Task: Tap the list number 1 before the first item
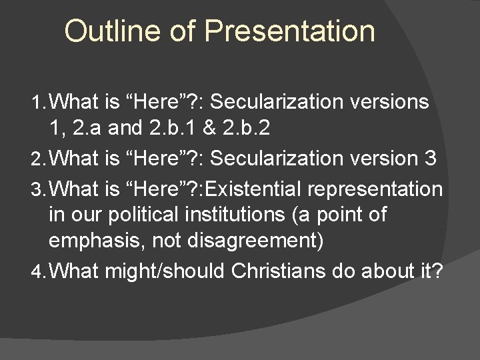point(37,103)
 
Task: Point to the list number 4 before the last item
point(38,272)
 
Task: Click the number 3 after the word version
point(430,159)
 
